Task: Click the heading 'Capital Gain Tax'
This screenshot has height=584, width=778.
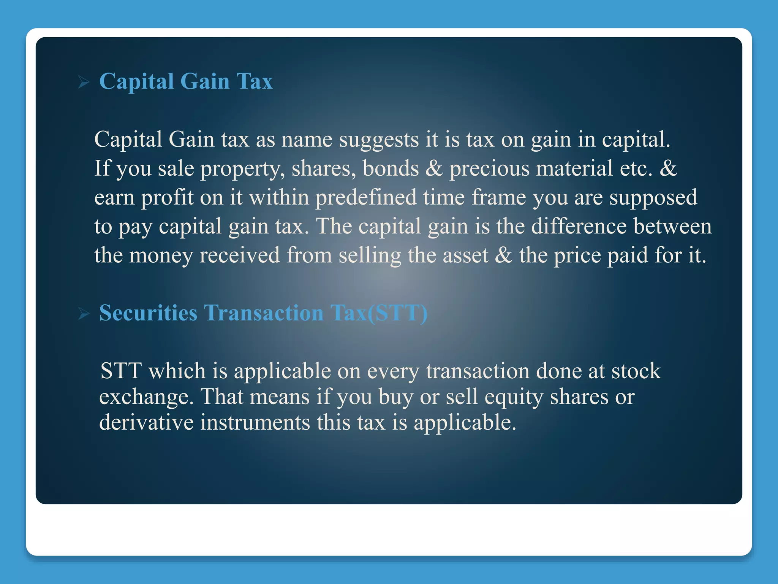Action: pos(186,81)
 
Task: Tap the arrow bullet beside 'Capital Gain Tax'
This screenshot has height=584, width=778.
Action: pos(84,82)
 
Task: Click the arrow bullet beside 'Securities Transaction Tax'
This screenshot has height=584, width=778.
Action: pos(84,314)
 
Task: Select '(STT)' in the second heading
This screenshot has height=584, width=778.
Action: pos(398,313)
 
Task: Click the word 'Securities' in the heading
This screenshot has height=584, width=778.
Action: pos(148,313)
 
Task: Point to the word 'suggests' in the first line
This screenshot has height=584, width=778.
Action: pos(379,140)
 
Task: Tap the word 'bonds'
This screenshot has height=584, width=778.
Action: pos(391,168)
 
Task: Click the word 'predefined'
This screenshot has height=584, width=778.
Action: pos(366,198)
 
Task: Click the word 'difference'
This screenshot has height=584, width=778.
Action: pos(579,227)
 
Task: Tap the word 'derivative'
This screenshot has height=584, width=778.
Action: pos(146,423)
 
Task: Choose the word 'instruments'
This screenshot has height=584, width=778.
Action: pos(255,423)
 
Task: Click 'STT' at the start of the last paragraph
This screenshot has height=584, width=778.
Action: pos(121,371)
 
